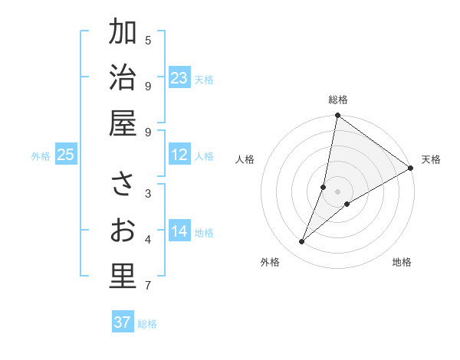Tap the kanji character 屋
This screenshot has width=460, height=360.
pos(122,124)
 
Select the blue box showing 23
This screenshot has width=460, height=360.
pos(179,78)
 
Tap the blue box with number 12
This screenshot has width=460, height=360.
pos(179,155)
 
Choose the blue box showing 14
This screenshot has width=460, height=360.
pos(179,231)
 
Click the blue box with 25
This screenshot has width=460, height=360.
pos(66,155)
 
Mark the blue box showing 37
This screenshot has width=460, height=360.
pos(123,322)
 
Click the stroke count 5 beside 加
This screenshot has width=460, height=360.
pos(148,40)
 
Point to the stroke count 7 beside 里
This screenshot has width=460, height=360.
pos(148,286)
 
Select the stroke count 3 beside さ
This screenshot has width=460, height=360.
pos(148,193)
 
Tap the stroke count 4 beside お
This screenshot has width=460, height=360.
pos(148,240)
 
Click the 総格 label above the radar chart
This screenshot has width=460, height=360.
pos(338,100)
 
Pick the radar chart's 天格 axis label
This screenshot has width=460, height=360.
pos(431,159)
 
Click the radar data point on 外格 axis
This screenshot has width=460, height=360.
pos(302,242)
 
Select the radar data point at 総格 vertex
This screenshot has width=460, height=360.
pos(338,116)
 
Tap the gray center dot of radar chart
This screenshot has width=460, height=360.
pos(338,191)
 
